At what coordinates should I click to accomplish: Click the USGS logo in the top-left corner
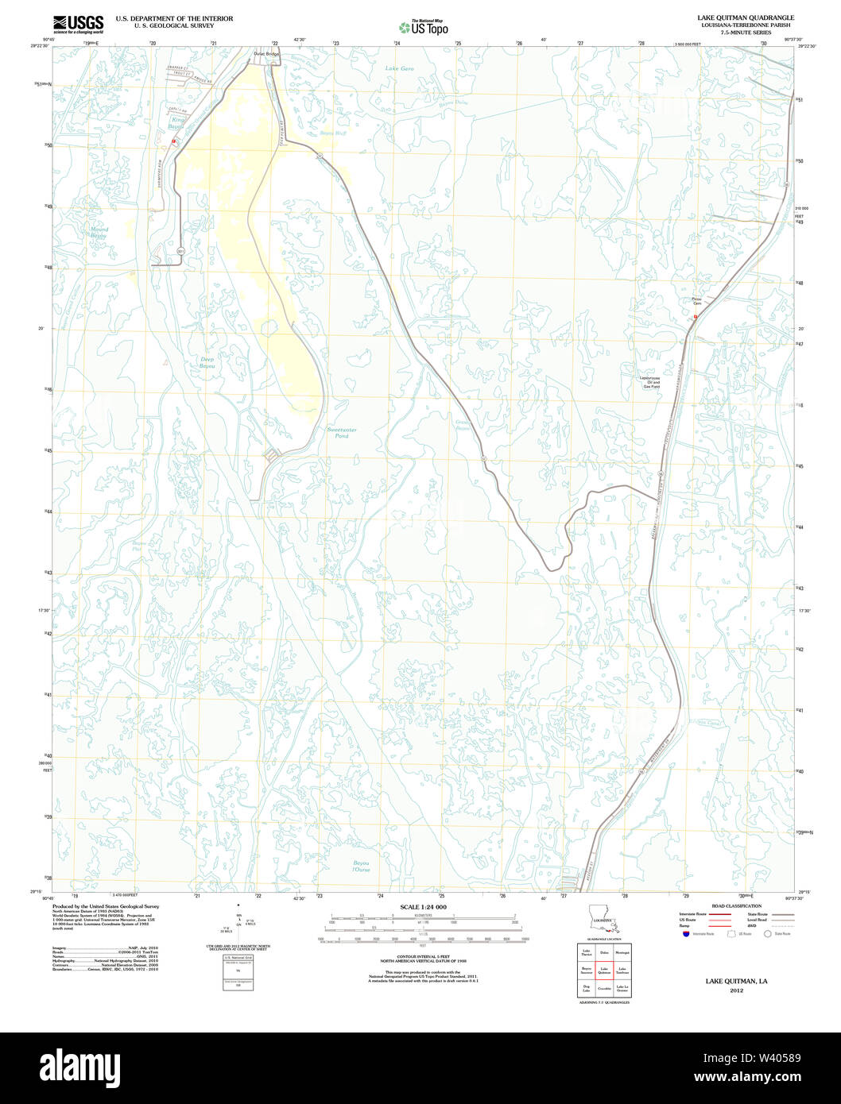[78, 23]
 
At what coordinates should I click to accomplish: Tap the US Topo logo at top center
[424, 27]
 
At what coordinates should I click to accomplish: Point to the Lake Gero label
[400, 69]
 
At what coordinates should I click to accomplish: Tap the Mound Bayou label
[99, 233]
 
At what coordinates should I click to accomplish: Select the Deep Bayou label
[207, 363]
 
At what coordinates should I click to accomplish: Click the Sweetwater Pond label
[342, 433]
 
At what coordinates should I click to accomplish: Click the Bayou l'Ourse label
[362, 866]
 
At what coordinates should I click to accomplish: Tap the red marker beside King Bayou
[173, 141]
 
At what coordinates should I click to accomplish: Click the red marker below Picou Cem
[696, 316]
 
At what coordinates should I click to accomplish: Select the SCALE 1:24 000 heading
[423, 906]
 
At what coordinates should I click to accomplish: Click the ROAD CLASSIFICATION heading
[736, 905]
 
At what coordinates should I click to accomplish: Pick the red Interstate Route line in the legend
[720, 914]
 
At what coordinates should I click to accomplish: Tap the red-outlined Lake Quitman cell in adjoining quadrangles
[604, 970]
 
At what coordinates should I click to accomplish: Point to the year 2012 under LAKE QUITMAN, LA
[735, 990]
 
